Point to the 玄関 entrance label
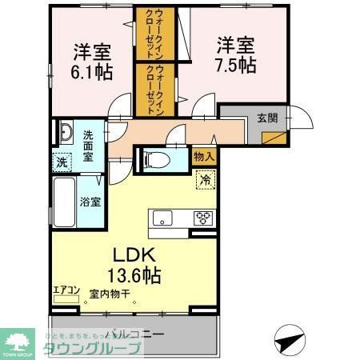[x=266, y=118]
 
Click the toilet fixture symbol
[x=158, y=159]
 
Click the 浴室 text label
[x=90, y=202]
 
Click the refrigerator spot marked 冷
[x=205, y=180]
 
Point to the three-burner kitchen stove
[x=202, y=217]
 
